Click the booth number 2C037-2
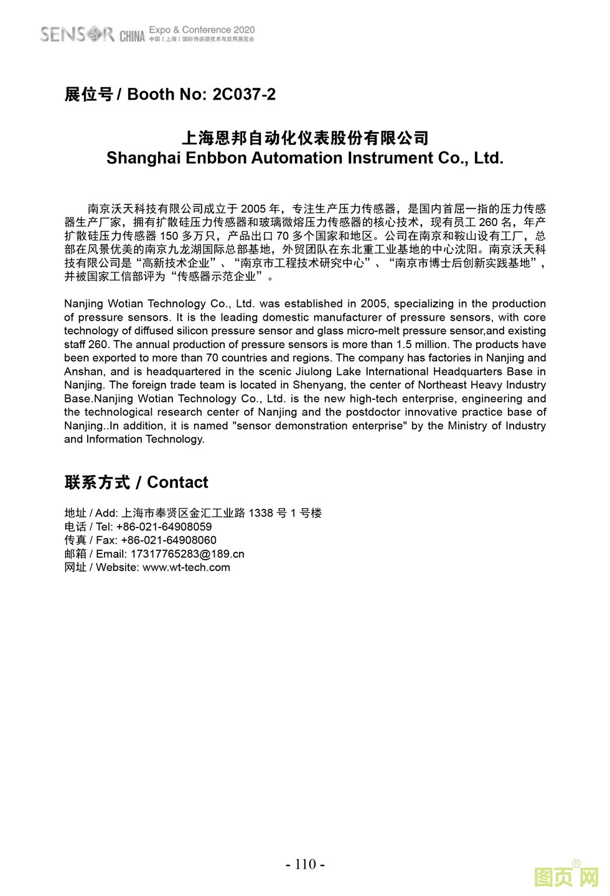(244, 95)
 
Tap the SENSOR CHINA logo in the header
(92, 34)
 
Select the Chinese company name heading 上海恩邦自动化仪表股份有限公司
(305, 138)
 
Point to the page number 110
(305, 864)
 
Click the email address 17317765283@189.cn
(187, 554)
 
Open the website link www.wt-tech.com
(186, 568)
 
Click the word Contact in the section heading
(177, 483)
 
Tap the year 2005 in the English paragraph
(373, 304)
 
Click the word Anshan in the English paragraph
(83, 372)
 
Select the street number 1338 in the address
(261, 513)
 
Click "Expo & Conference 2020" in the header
(202, 30)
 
